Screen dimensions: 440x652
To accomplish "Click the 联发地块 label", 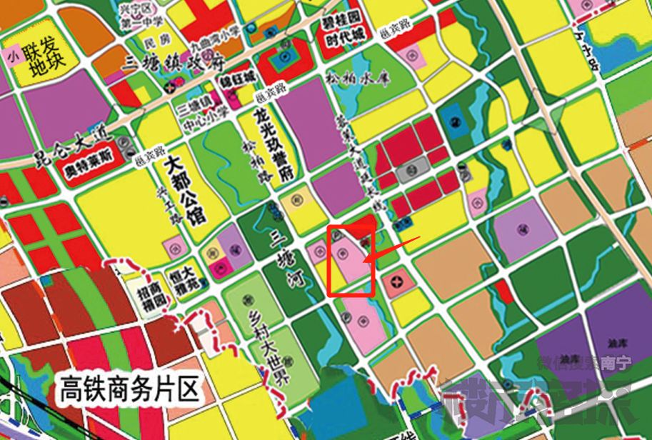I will coord(44,61).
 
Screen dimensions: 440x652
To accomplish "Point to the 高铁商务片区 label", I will coord(129,391).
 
